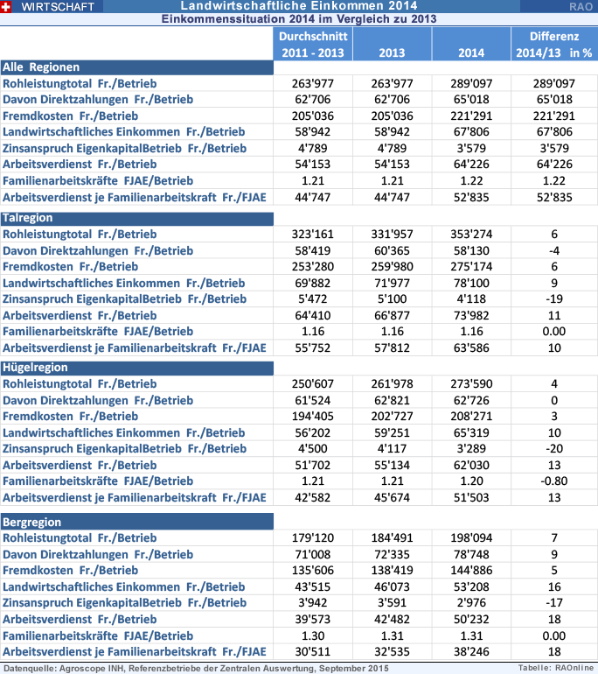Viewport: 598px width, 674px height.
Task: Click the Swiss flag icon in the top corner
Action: coord(7,6)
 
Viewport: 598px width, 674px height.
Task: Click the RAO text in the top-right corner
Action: coord(581,6)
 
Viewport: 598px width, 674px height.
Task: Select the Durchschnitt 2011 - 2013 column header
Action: coord(314,45)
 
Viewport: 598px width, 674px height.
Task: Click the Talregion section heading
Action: coord(27,218)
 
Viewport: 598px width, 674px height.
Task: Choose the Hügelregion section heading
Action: coord(33,367)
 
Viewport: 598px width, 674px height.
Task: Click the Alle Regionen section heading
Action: coord(41,67)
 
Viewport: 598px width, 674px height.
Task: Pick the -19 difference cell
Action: coord(554,298)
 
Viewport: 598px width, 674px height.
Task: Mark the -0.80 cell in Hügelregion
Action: coord(554,481)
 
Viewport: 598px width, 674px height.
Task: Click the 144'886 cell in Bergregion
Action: coord(471,571)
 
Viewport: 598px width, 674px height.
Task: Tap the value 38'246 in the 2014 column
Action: coord(471,651)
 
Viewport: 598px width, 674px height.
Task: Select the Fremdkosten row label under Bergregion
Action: coord(71,571)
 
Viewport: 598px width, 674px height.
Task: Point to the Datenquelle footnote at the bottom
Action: coord(195,668)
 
